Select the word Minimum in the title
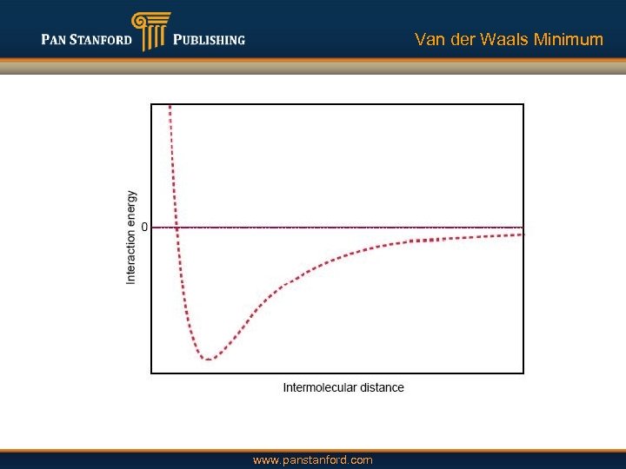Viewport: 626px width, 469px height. point(569,39)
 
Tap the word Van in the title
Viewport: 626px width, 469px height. point(430,39)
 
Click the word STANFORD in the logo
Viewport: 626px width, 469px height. point(102,40)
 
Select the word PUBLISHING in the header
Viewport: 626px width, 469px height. point(209,40)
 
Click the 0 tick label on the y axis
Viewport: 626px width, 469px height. point(143,228)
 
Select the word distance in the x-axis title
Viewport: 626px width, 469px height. point(381,387)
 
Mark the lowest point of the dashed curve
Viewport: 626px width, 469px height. point(207,359)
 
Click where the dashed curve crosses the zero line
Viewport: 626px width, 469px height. point(176,228)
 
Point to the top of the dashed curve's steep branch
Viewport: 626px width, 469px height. point(170,107)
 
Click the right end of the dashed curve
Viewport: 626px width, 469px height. point(523,234)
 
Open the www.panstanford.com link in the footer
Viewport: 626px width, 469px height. point(312,459)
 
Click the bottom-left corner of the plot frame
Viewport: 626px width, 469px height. point(151,373)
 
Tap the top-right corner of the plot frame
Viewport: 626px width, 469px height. point(523,104)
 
